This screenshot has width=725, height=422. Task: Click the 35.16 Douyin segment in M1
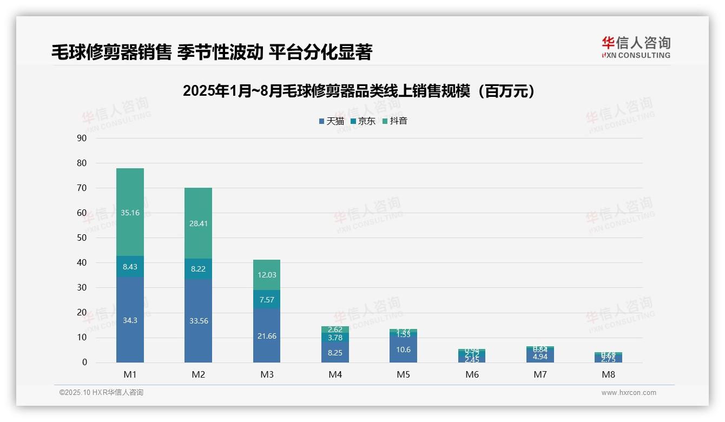coord(130,213)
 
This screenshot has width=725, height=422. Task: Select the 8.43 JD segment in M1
coord(130,267)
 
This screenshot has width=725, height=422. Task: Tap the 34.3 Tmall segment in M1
coord(130,320)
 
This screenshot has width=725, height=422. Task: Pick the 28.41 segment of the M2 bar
coord(198,223)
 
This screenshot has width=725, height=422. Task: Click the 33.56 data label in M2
coord(198,321)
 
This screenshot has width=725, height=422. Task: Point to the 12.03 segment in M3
coord(267,275)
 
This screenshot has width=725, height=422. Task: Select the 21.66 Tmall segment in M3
coord(267,336)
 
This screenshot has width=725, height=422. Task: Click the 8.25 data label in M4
coord(335,353)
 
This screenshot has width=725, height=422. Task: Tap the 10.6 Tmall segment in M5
coord(403,350)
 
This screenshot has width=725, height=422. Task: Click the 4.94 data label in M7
coord(540,357)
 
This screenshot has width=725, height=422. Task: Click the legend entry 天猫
coord(332,121)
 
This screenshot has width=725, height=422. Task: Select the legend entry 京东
coord(363,121)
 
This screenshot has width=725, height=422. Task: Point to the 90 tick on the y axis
coord(82,138)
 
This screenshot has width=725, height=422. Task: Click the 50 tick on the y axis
coord(82,238)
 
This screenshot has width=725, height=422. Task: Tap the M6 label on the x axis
coord(472,374)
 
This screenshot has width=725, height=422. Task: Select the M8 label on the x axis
coord(608,374)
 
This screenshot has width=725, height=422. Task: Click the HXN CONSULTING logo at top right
coord(636,48)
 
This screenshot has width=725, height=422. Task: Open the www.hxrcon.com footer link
coord(629,393)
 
